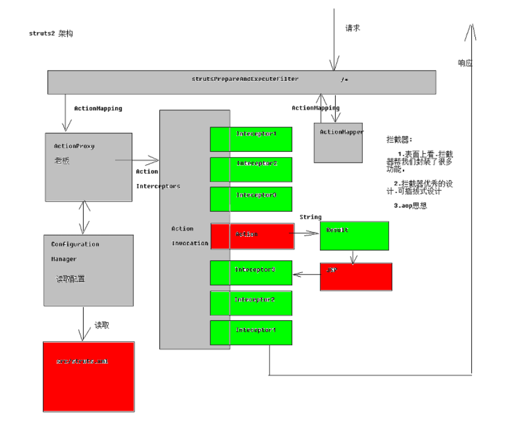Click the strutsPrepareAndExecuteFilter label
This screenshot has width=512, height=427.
pyautogui.click(x=245, y=79)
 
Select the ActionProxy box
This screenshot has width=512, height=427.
pyautogui.click(x=88, y=167)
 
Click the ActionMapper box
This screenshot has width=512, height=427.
pyautogui.click(x=338, y=143)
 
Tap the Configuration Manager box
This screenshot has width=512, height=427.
pyautogui.click(x=89, y=270)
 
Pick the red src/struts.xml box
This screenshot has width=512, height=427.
pyautogui.click(x=89, y=376)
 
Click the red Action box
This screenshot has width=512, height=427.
pyautogui.click(x=252, y=236)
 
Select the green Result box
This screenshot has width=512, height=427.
pyautogui.click(x=354, y=236)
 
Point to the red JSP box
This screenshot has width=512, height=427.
pyautogui.click(x=355, y=277)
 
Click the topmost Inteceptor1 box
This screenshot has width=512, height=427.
pyautogui.click(x=251, y=139)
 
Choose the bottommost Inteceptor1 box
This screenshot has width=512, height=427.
pyautogui.click(x=251, y=332)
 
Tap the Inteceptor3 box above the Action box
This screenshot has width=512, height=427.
pyautogui.click(x=251, y=199)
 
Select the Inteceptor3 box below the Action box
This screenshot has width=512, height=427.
pyautogui.click(x=251, y=272)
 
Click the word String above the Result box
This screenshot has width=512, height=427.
pyautogui.click(x=310, y=217)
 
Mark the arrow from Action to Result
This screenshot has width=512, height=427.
pyautogui.click(x=307, y=233)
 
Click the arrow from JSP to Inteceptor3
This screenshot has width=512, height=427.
pyautogui.click(x=306, y=274)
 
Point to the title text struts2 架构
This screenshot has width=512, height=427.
pyautogui.click(x=51, y=33)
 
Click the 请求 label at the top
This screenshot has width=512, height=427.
pyautogui.click(x=353, y=28)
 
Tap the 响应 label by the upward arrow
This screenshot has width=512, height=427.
pyautogui.click(x=465, y=63)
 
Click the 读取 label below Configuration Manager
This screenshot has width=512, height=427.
pyautogui.click(x=102, y=325)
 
